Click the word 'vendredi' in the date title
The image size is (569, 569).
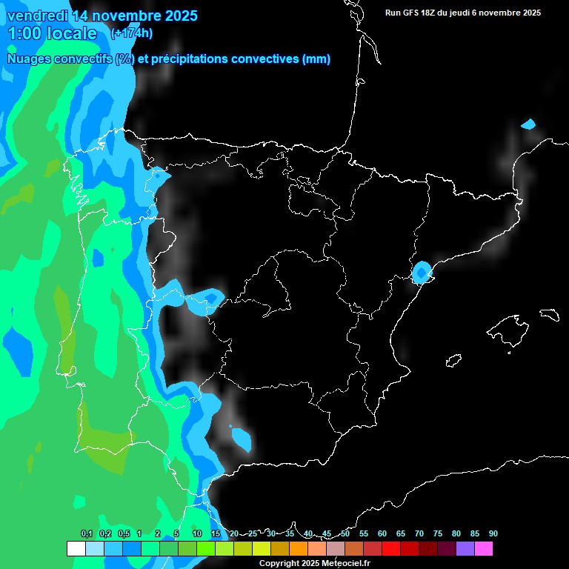point(36,15)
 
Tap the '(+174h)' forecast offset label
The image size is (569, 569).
point(131,33)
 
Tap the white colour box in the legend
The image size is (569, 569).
point(76,549)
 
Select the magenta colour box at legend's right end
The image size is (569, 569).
point(484,549)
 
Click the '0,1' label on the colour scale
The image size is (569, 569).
point(86,534)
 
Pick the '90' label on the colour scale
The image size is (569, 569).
point(493,534)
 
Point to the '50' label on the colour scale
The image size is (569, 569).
point(345,534)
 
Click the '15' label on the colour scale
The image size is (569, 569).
point(216,534)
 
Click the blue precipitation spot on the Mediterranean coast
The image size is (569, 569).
point(422,273)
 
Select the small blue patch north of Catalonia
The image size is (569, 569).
point(528,124)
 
